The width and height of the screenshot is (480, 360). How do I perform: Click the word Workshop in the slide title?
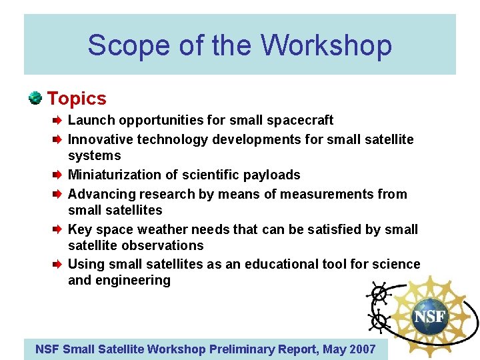click(326, 45)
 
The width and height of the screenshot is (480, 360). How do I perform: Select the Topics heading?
click(77, 99)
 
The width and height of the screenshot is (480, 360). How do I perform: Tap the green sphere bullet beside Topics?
click(35, 98)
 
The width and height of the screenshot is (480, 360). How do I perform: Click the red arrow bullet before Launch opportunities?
click(58, 121)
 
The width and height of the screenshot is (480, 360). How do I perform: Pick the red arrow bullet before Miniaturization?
click(58, 175)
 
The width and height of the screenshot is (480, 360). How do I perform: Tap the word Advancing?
click(99, 194)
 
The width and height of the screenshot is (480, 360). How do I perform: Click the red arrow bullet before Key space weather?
click(58, 230)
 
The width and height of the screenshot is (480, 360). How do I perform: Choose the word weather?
click(165, 229)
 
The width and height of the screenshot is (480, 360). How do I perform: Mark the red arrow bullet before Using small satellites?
click(58, 265)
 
